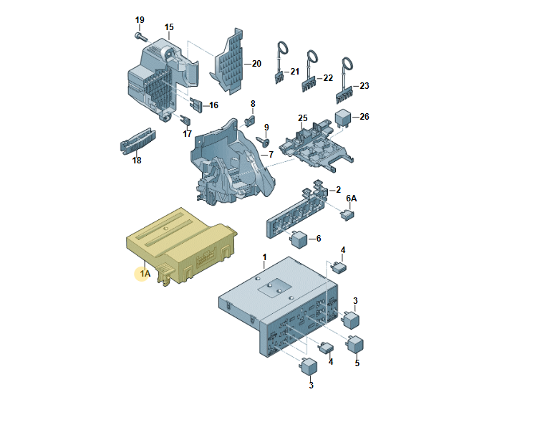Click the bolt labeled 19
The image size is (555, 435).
click(x=140, y=36)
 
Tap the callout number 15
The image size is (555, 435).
click(x=169, y=27)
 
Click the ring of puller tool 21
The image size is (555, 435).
click(x=282, y=48)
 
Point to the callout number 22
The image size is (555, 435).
click(x=328, y=78)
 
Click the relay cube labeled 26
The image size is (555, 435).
click(x=343, y=118)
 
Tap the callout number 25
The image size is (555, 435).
click(x=303, y=118)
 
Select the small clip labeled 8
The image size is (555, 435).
click(x=250, y=120)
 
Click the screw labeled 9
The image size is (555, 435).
click(x=264, y=141)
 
